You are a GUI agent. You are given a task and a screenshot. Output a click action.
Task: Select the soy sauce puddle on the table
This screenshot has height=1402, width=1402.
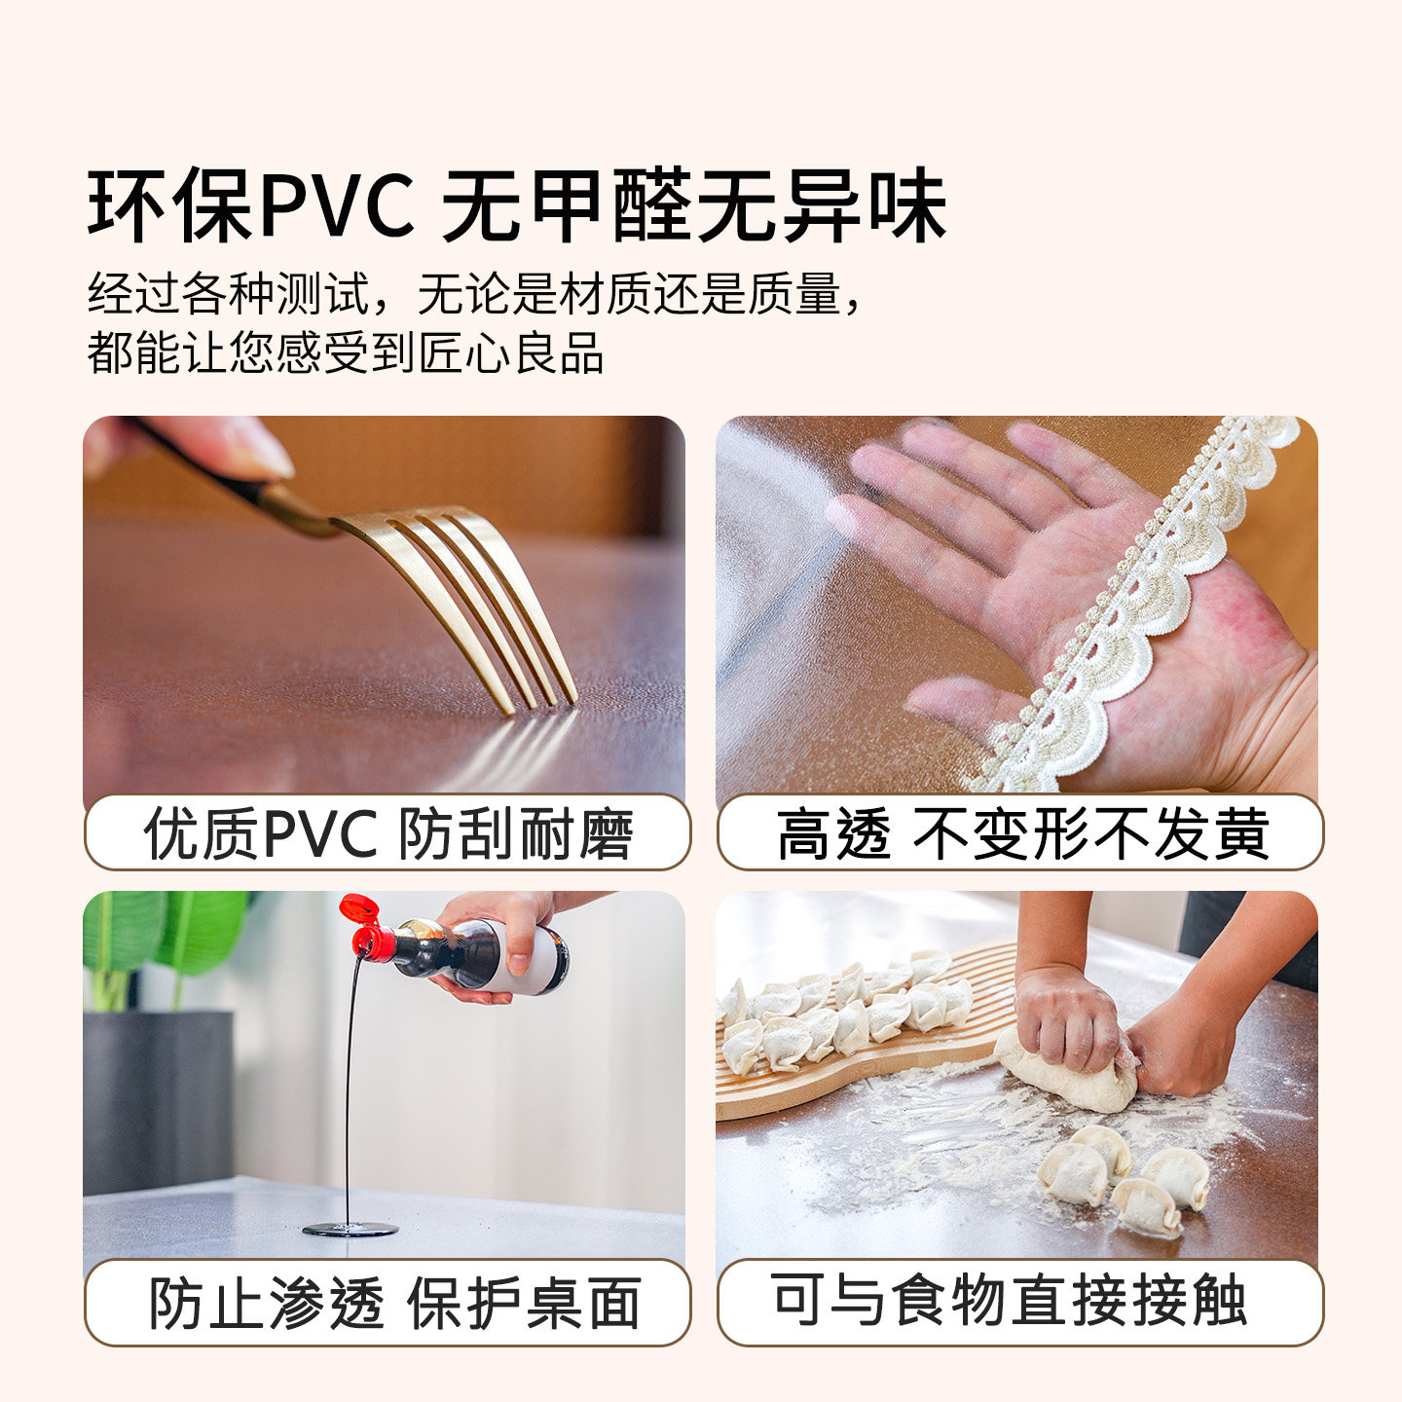pyautogui.click(x=350, y=1229)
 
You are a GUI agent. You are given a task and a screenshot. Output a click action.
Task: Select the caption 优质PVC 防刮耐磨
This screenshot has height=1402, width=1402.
pyautogui.click(x=387, y=833)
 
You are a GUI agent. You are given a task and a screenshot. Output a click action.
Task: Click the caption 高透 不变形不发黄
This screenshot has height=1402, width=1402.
pyautogui.click(x=1021, y=833)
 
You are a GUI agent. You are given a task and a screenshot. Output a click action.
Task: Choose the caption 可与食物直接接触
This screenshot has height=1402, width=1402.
pyautogui.click(x=1010, y=1301)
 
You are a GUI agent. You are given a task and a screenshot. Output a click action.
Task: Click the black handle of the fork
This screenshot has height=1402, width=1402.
pyautogui.click(x=209, y=462)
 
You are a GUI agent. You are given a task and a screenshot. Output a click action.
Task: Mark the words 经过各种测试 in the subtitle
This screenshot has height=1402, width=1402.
pyautogui.click(x=230, y=293)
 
